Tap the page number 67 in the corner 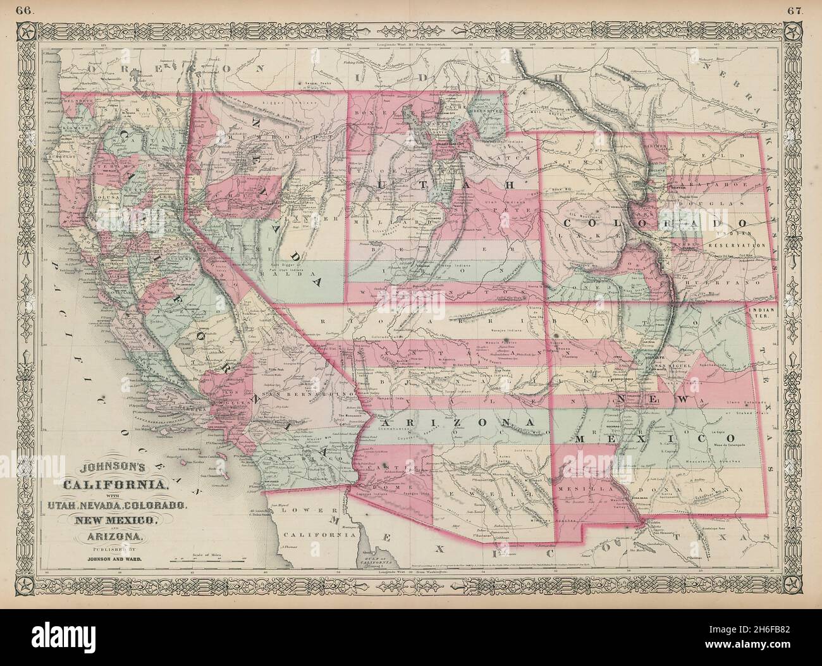(x=810, y=9)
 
